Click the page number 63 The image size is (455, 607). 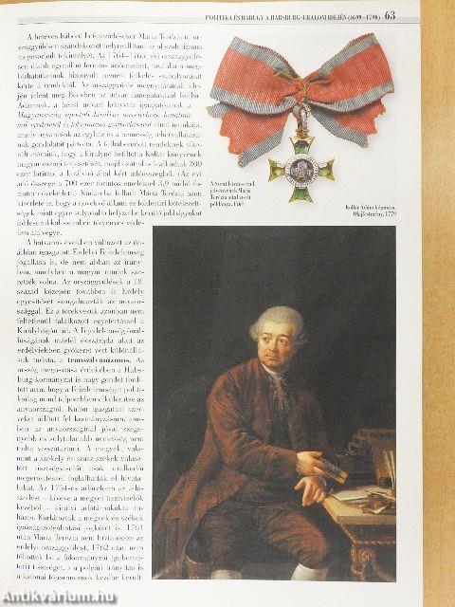pos(443,13)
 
